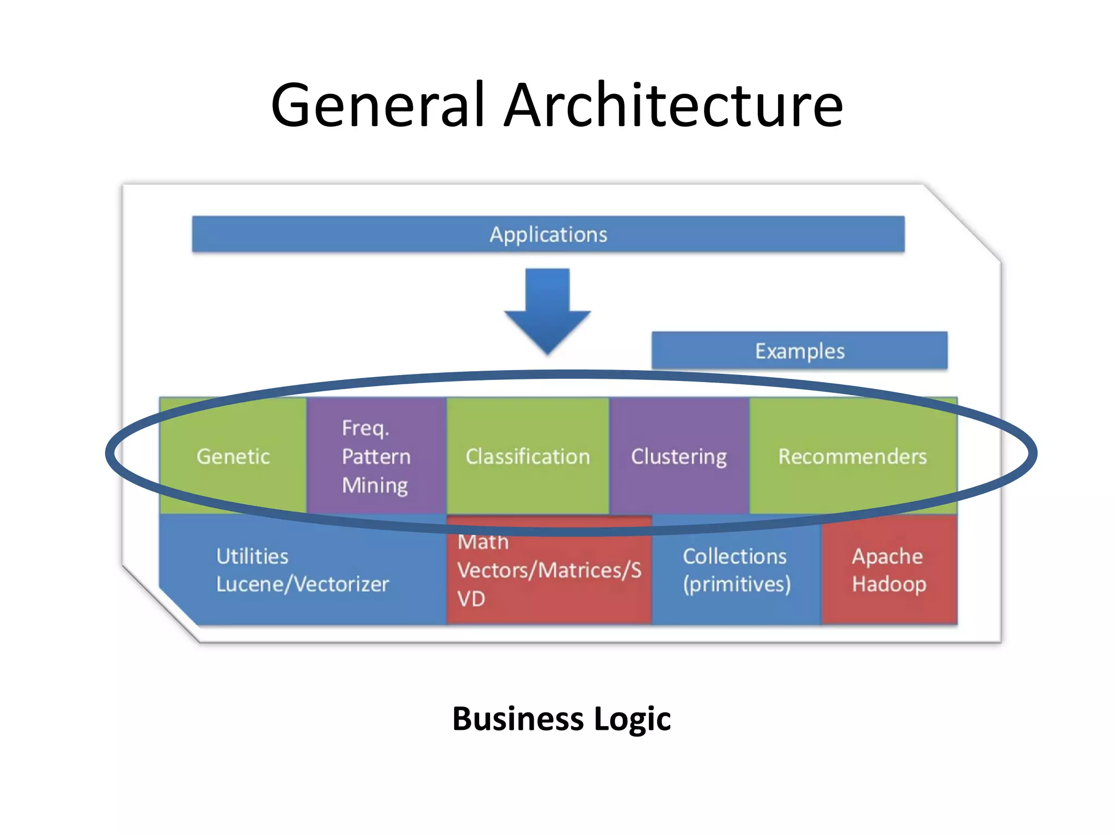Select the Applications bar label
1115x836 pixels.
pos(548,235)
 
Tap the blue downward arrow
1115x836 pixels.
pos(548,310)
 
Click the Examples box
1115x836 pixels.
pos(799,351)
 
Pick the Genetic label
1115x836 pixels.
pos(233,456)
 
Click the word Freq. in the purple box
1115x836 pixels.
pos(365,428)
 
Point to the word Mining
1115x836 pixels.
pos(375,485)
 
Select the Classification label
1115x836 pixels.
pos(528,456)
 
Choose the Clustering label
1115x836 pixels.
pos(678,456)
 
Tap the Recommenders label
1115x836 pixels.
pos(852,456)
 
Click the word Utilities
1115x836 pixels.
pos(252,556)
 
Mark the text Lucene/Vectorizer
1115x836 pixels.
pos(303,584)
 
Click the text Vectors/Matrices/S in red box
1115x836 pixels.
pos(549,570)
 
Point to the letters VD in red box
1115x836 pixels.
pos(471,599)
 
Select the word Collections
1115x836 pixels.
pos(734,556)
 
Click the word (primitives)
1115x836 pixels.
pos(737,584)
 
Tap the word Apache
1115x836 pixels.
pos(887,556)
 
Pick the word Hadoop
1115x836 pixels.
pos(889,584)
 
